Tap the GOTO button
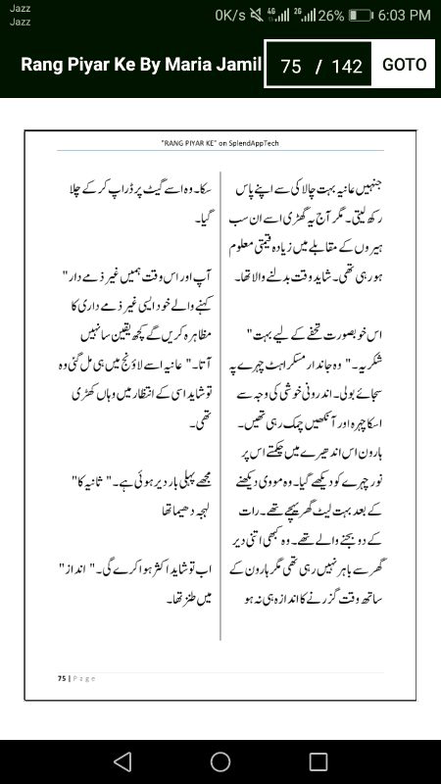pyautogui.click(x=404, y=65)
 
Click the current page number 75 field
pyautogui.click(x=290, y=67)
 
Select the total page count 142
pyautogui.click(x=347, y=67)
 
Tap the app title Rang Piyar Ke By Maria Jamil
pyautogui.click(x=141, y=66)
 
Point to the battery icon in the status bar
pyautogui.click(x=361, y=16)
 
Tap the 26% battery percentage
pyautogui.click(x=330, y=16)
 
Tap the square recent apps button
pyautogui.click(x=318, y=761)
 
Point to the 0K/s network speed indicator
pyautogui.click(x=229, y=16)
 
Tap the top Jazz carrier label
pyautogui.click(x=20, y=8)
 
